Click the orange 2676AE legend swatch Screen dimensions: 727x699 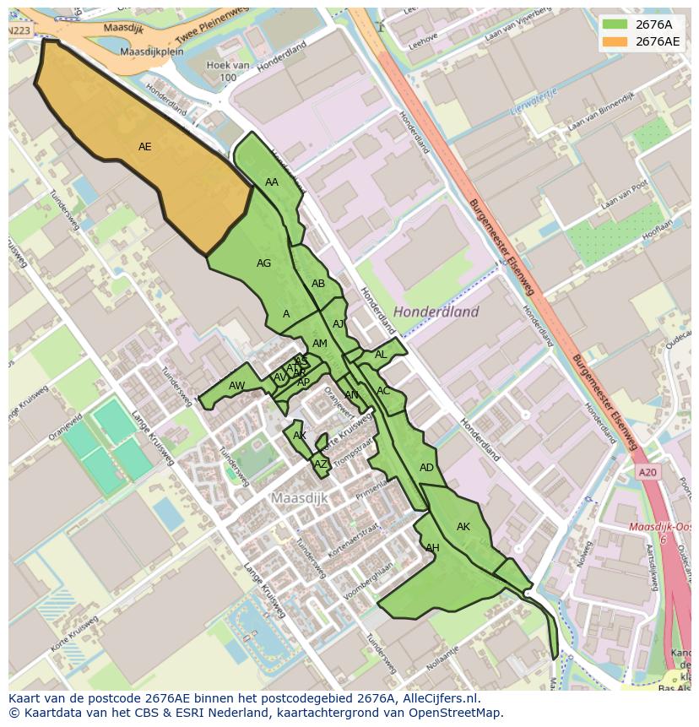(x=616, y=41)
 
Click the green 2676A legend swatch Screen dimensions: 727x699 (x=616, y=24)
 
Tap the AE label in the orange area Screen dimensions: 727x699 (x=145, y=147)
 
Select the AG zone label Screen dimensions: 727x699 (x=263, y=263)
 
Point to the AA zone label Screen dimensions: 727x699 (x=272, y=182)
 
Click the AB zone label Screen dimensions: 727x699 (x=318, y=284)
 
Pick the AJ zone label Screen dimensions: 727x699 (x=339, y=324)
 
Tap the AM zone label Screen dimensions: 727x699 (x=319, y=344)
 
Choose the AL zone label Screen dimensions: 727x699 (x=381, y=355)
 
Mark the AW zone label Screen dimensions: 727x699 (x=236, y=386)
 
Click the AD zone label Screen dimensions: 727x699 (x=426, y=468)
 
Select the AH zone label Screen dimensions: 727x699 (x=432, y=548)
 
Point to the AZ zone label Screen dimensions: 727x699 (x=320, y=464)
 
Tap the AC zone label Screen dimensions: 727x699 (x=383, y=391)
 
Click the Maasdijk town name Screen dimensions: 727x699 (x=299, y=498)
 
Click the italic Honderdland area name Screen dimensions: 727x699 (x=436, y=312)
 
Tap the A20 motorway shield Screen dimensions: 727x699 (x=648, y=473)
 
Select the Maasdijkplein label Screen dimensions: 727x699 (x=152, y=52)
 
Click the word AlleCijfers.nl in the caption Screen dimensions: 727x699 (x=439, y=699)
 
